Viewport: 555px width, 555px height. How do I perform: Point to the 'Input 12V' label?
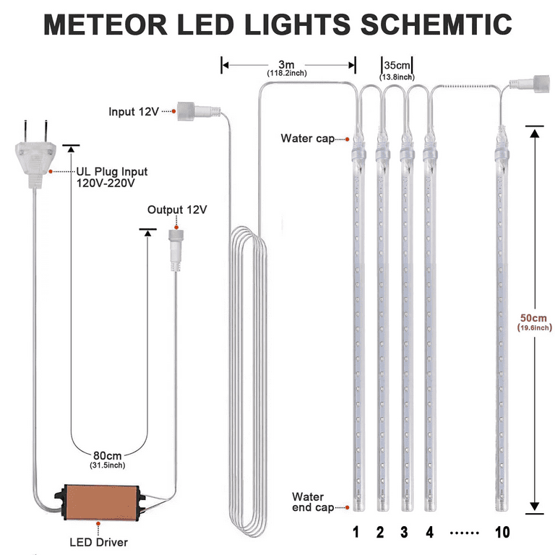point(132,111)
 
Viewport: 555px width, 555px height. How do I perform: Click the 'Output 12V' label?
point(177,210)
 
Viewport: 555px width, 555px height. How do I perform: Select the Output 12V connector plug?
point(176,247)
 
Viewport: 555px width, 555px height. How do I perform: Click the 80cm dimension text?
point(107,455)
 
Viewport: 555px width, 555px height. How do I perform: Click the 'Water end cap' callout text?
point(312,502)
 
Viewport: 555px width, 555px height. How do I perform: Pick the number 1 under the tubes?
point(356,533)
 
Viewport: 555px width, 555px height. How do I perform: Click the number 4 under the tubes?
point(429,533)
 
